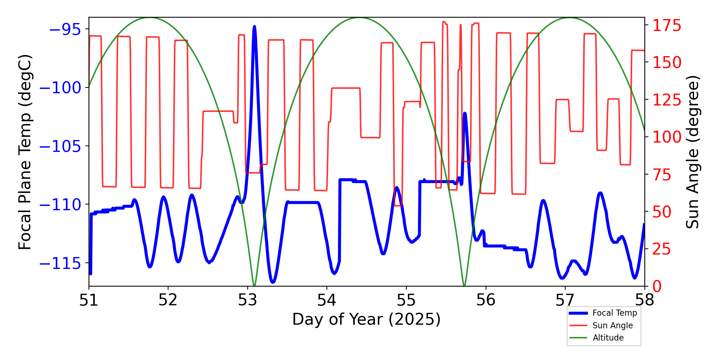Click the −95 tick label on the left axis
click(x=65, y=30)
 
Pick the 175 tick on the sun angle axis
click(x=667, y=26)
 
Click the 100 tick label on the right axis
click(x=667, y=137)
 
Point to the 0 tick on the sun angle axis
click(x=657, y=287)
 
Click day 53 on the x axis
click(x=248, y=300)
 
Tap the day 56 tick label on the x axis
click(x=486, y=300)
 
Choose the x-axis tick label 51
click(x=89, y=300)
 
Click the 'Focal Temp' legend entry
click(x=615, y=313)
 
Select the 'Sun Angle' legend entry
click(x=612, y=325)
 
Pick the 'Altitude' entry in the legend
click(x=608, y=338)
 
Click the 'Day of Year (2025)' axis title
click(x=366, y=320)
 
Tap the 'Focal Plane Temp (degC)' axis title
click(x=25, y=152)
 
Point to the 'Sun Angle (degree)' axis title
click(x=692, y=152)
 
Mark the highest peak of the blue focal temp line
click(x=255, y=27)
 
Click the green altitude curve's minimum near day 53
click(x=254, y=285)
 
